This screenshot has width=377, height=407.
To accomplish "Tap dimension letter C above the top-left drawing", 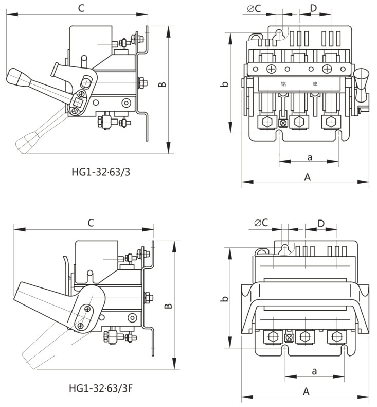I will coord(81,8).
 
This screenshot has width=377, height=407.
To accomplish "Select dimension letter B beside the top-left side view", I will coord(162,84).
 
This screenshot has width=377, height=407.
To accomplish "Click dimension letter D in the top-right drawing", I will coord(313,8).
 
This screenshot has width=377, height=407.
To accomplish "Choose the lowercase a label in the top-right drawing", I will coord(309,156).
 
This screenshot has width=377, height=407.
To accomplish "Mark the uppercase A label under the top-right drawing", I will coord(307,177).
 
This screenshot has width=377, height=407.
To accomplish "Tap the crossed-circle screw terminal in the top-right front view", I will coord(282,123).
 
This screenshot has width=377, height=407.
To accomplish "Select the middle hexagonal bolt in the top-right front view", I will coord(298,122).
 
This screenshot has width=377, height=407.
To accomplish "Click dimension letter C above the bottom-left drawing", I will coord(91,223).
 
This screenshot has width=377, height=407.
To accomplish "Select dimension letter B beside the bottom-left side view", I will coord(168,306).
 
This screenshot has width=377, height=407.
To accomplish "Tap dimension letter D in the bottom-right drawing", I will coord(320,223).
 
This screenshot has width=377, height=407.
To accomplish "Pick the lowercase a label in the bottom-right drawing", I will coord(314,370).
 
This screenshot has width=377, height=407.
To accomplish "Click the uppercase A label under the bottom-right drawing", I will coord(306,392).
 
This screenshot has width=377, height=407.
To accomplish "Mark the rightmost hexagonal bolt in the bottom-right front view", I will coord(337,336).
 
